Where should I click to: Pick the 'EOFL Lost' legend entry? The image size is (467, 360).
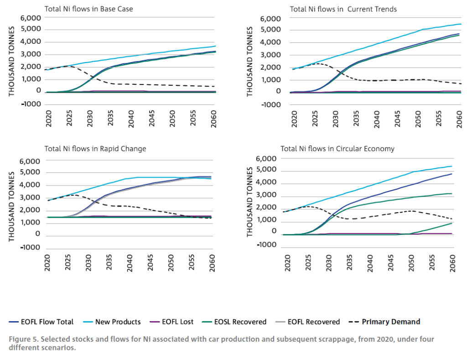click(177, 322)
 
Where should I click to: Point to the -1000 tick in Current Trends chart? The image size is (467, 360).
click(270, 104)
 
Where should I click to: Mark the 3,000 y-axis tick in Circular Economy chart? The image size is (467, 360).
click(269, 196)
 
